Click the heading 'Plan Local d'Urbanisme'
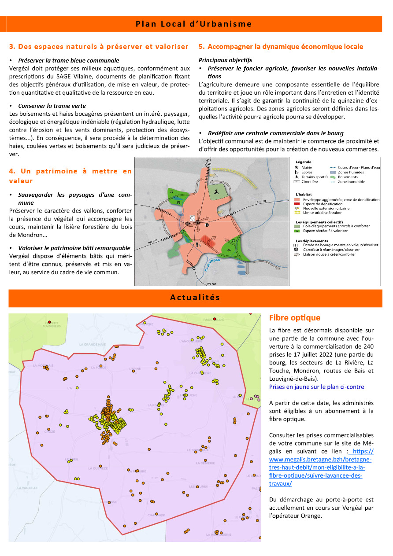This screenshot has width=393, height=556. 194,24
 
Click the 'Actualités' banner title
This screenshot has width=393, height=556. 195,298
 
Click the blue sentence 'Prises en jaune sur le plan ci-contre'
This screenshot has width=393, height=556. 316,387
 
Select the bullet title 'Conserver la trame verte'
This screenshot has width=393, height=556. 52,106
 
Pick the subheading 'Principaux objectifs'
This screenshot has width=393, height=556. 225,60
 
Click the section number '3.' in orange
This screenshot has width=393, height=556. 12,46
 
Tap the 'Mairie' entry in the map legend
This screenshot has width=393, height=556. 307,168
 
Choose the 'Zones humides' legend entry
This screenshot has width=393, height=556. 351,172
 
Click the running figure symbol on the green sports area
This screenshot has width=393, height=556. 216,192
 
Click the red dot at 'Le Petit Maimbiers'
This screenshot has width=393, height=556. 50,322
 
